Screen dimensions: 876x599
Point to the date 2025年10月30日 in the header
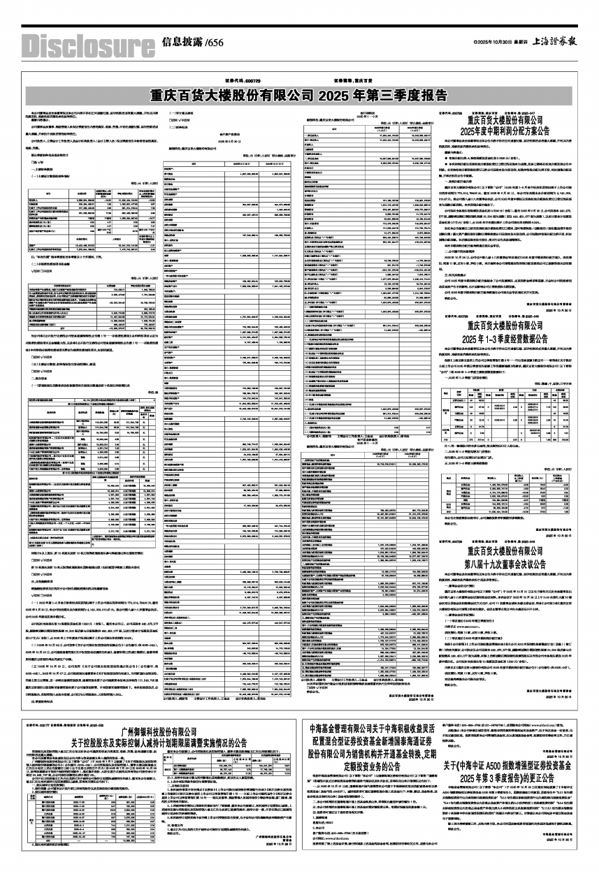point(489,43)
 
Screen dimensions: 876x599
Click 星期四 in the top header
point(518,43)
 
